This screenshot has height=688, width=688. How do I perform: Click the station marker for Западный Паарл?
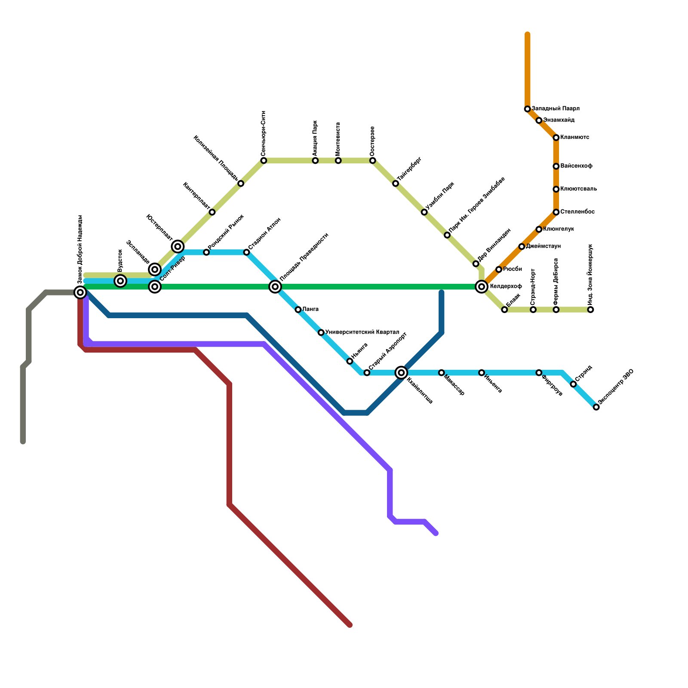click(527, 109)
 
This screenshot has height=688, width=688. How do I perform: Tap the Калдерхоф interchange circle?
click(482, 286)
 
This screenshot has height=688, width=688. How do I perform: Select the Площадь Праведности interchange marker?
click(275, 286)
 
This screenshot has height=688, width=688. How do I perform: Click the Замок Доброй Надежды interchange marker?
click(80, 292)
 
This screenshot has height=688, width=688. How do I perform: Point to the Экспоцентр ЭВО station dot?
click(596, 407)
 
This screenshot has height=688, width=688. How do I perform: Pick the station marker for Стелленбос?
click(556, 212)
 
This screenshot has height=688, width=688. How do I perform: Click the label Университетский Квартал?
click(362, 332)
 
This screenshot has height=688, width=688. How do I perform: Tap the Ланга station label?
click(310, 310)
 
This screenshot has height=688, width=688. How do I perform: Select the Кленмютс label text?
click(574, 138)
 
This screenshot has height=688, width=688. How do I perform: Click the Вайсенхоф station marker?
click(556, 166)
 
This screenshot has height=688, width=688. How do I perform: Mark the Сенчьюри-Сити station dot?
click(264, 160)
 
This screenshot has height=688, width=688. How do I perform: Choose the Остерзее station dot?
click(372, 160)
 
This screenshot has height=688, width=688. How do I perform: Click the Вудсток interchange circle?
click(121, 281)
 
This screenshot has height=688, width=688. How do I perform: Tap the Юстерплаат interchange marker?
click(178, 246)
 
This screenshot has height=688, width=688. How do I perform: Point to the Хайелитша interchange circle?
click(401, 372)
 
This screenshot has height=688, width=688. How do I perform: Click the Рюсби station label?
click(512, 269)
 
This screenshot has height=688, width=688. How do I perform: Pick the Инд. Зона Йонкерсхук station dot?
click(591, 310)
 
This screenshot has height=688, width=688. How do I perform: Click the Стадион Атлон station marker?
click(246, 252)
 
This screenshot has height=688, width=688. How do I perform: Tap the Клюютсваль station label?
click(578, 189)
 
